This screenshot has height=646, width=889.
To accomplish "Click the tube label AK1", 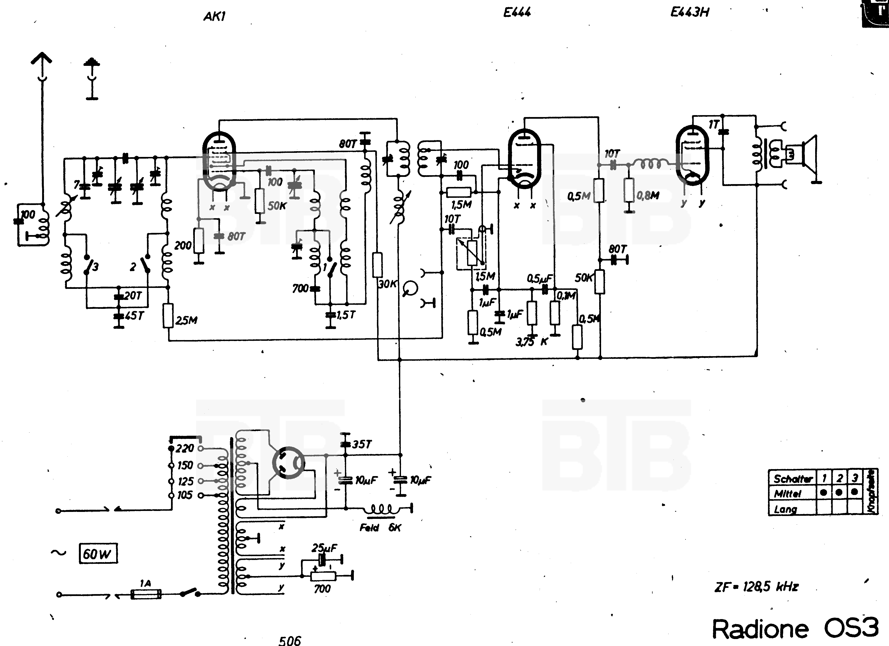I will [x=214, y=16].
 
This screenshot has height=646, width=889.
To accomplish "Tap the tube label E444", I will [x=517, y=12].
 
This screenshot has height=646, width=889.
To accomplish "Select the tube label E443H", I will [x=690, y=12].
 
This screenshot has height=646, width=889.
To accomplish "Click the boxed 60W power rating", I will [x=98, y=553].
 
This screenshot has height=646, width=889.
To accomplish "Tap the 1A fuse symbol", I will [x=146, y=594].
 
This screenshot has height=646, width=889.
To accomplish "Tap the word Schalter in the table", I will [x=792, y=478].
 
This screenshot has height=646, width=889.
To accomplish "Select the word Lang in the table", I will [x=785, y=509].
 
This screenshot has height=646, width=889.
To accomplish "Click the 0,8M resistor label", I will [x=648, y=195].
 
